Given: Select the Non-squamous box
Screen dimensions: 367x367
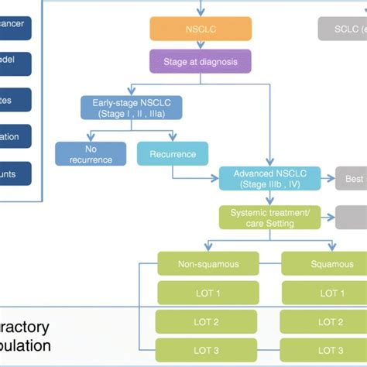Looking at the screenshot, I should pyautogui.click(x=208, y=264).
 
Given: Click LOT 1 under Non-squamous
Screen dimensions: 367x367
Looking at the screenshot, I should pyautogui.click(x=208, y=293).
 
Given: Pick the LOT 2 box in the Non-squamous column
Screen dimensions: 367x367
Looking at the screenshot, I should pyautogui.click(x=208, y=321).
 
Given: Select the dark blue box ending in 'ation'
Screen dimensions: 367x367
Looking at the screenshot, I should pyautogui.click(x=16, y=138).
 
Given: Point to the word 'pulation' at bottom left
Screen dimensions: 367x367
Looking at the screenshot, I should pyautogui.click(x=26, y=346).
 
